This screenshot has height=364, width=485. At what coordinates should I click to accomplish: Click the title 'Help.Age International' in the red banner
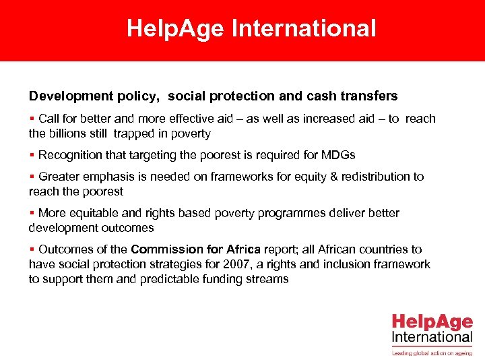[x=251, y=28]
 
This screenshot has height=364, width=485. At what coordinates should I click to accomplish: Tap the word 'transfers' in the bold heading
[x=368, y=96]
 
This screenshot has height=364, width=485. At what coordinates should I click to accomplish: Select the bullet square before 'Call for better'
[x=32, y=119]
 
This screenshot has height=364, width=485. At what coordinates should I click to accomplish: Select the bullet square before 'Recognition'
[x=32, y=156]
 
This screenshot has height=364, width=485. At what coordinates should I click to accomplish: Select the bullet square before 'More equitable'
[x=32, y=214]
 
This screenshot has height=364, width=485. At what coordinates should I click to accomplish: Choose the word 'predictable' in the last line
[x=168, y=279]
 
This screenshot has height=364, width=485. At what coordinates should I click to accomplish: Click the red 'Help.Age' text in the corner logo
[x=432, y=322]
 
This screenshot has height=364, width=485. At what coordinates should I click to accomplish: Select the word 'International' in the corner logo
[x=432, y=336]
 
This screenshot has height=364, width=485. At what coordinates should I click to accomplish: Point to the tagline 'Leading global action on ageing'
[x=432, y=352]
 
